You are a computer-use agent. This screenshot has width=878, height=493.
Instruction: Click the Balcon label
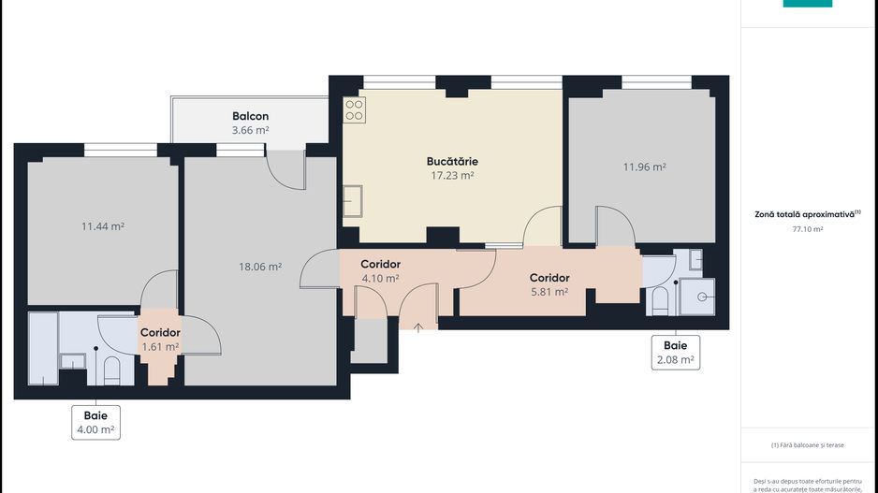(x=250, y=117)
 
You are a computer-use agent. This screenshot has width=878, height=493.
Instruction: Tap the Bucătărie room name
(x=452, y=161)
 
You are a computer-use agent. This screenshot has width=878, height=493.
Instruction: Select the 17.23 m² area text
(x=452, y=175)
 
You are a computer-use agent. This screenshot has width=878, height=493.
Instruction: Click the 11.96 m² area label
(x=644, y=167)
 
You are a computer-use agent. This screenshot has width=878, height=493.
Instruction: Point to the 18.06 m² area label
(x=260, y=267)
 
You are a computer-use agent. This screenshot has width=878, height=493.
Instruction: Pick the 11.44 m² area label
(x=103, y=226)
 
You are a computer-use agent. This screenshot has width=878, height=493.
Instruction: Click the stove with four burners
(x=355, y=110)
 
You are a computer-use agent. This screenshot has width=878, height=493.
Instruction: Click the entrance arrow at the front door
(x=417, y=326)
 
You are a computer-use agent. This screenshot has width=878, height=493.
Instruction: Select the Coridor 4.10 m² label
(x=380, y=271)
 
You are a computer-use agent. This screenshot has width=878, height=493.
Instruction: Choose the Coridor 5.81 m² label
(x=549, y=284)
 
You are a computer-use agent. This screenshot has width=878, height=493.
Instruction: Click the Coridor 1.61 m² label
(x=160, y=339)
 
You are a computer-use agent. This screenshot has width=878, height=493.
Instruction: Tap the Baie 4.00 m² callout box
(x=95, y=422)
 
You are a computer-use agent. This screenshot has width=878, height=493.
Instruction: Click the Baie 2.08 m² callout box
(x=675, y=352)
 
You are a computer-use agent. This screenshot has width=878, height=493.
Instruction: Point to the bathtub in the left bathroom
(x=43, y=347)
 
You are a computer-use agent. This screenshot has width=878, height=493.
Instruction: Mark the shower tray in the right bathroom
(x=697, y=297)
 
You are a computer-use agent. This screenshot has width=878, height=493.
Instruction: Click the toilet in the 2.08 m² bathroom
(x=659, y=300)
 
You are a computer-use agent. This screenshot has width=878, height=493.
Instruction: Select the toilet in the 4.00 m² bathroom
(x=110, y=370)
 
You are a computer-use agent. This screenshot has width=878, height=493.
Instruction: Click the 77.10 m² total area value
(x=807, y=229)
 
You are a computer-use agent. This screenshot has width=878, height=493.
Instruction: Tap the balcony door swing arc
(x=285, y=172)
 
